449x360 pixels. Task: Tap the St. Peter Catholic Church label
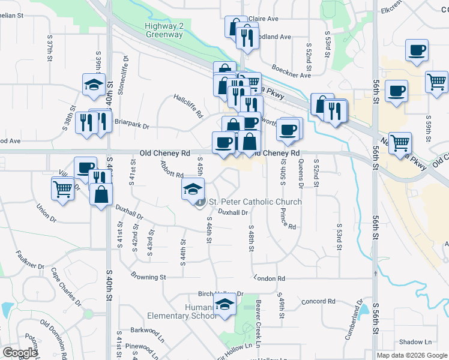(x=254, y=202)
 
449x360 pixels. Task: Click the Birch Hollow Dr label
(x=221, y=294)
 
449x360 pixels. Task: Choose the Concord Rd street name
(x=318, y=301)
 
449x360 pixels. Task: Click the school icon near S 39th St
(x=94, y=84)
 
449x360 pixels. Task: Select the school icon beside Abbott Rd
(x=191, y=189)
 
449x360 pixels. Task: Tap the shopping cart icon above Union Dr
(x=63, y=189)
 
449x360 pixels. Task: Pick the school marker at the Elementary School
(x=224, y=306)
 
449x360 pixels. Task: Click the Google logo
(x=20, y=353)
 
